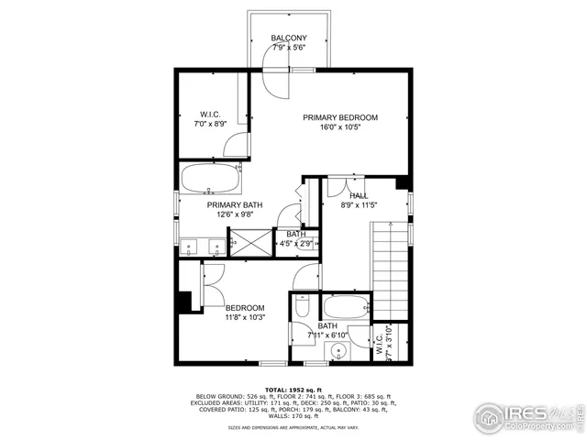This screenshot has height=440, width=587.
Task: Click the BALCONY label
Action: [289, 38]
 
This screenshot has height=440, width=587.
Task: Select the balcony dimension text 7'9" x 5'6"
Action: [289, 48]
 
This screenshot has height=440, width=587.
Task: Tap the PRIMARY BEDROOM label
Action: [341, 117]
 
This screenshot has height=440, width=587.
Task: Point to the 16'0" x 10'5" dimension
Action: [341, 128]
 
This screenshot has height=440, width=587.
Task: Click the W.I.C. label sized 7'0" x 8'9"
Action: [209, 115]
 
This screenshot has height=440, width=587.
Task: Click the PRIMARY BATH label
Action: [231, 205]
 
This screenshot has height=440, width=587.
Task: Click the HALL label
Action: [359, 195]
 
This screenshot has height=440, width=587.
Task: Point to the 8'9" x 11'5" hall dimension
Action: [359, 206]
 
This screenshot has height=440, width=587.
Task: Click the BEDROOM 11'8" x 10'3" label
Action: [245, 308]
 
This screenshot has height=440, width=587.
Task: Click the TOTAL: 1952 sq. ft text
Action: [293, 390]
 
